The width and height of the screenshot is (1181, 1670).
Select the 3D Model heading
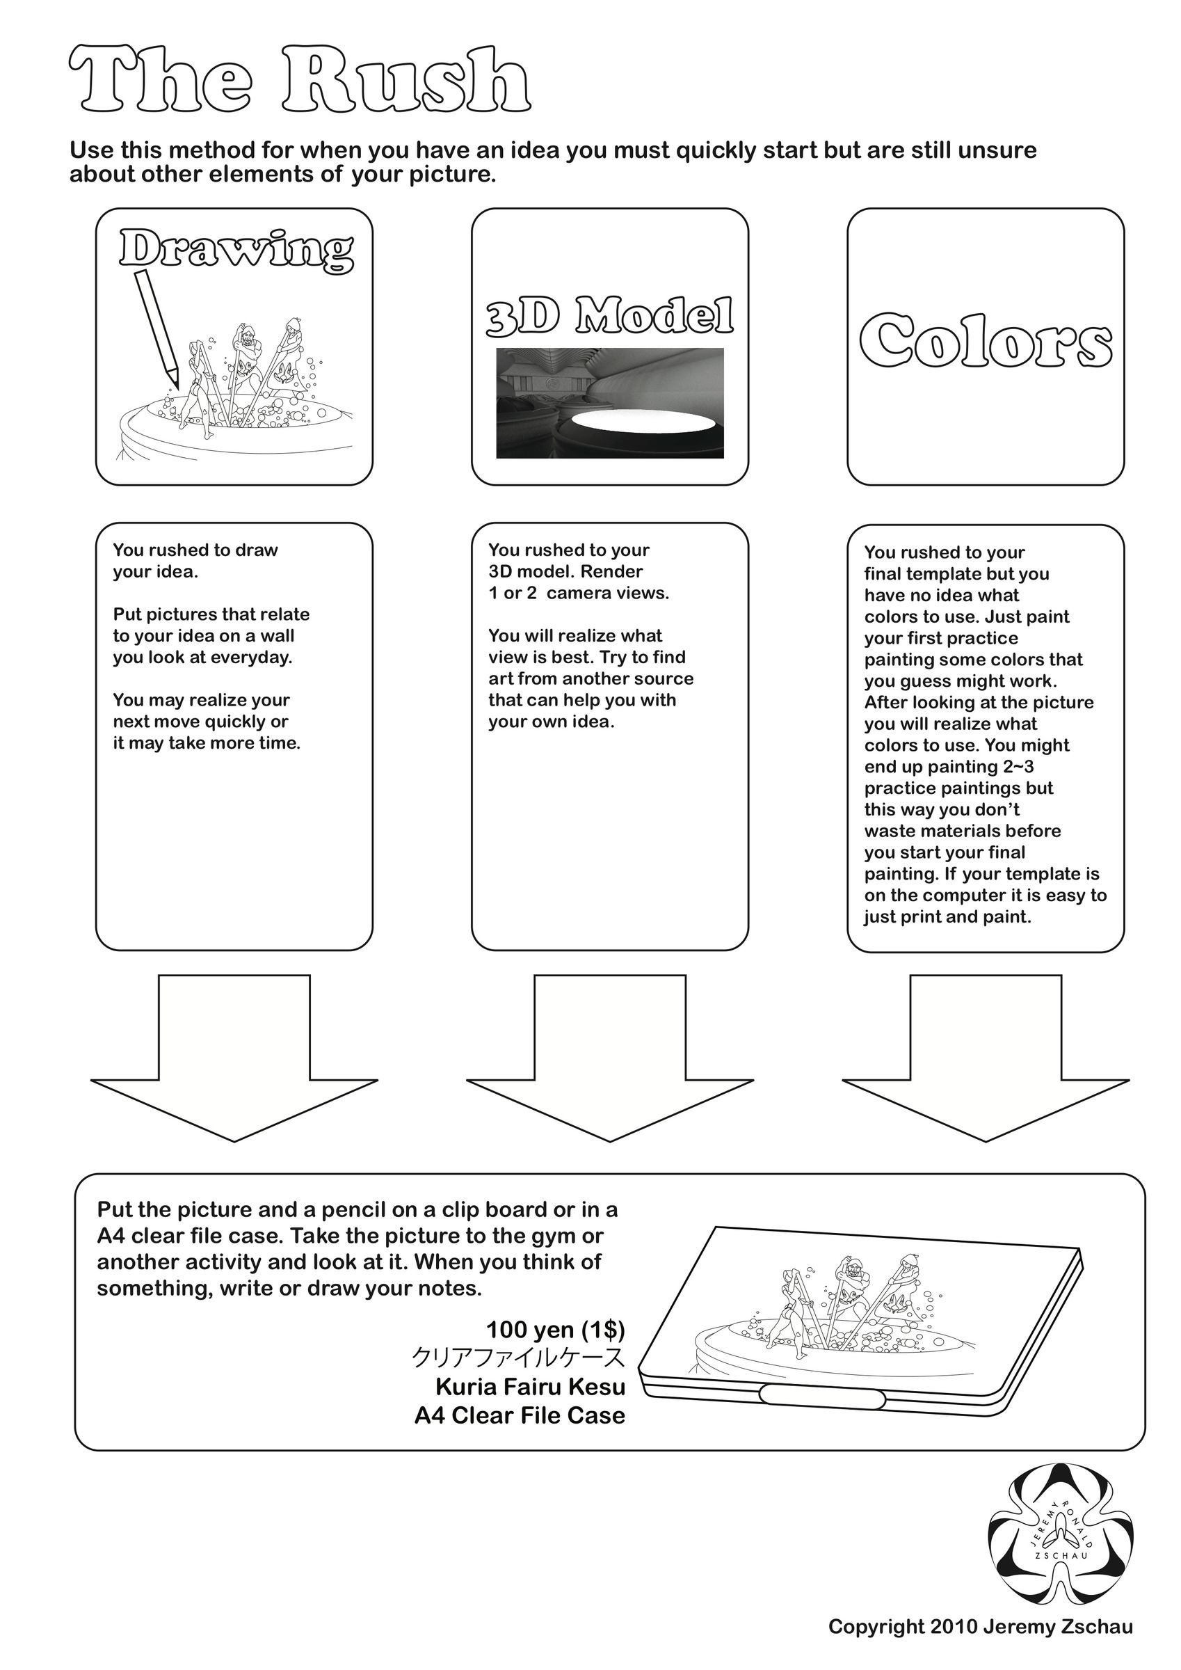(609, 317)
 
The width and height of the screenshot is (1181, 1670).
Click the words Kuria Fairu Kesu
(530, 1386)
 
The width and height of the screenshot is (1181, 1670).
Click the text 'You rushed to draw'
(195, 550)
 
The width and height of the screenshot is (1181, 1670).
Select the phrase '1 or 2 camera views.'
(578, 593)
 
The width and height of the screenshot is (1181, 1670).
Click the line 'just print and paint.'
(947, 916)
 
